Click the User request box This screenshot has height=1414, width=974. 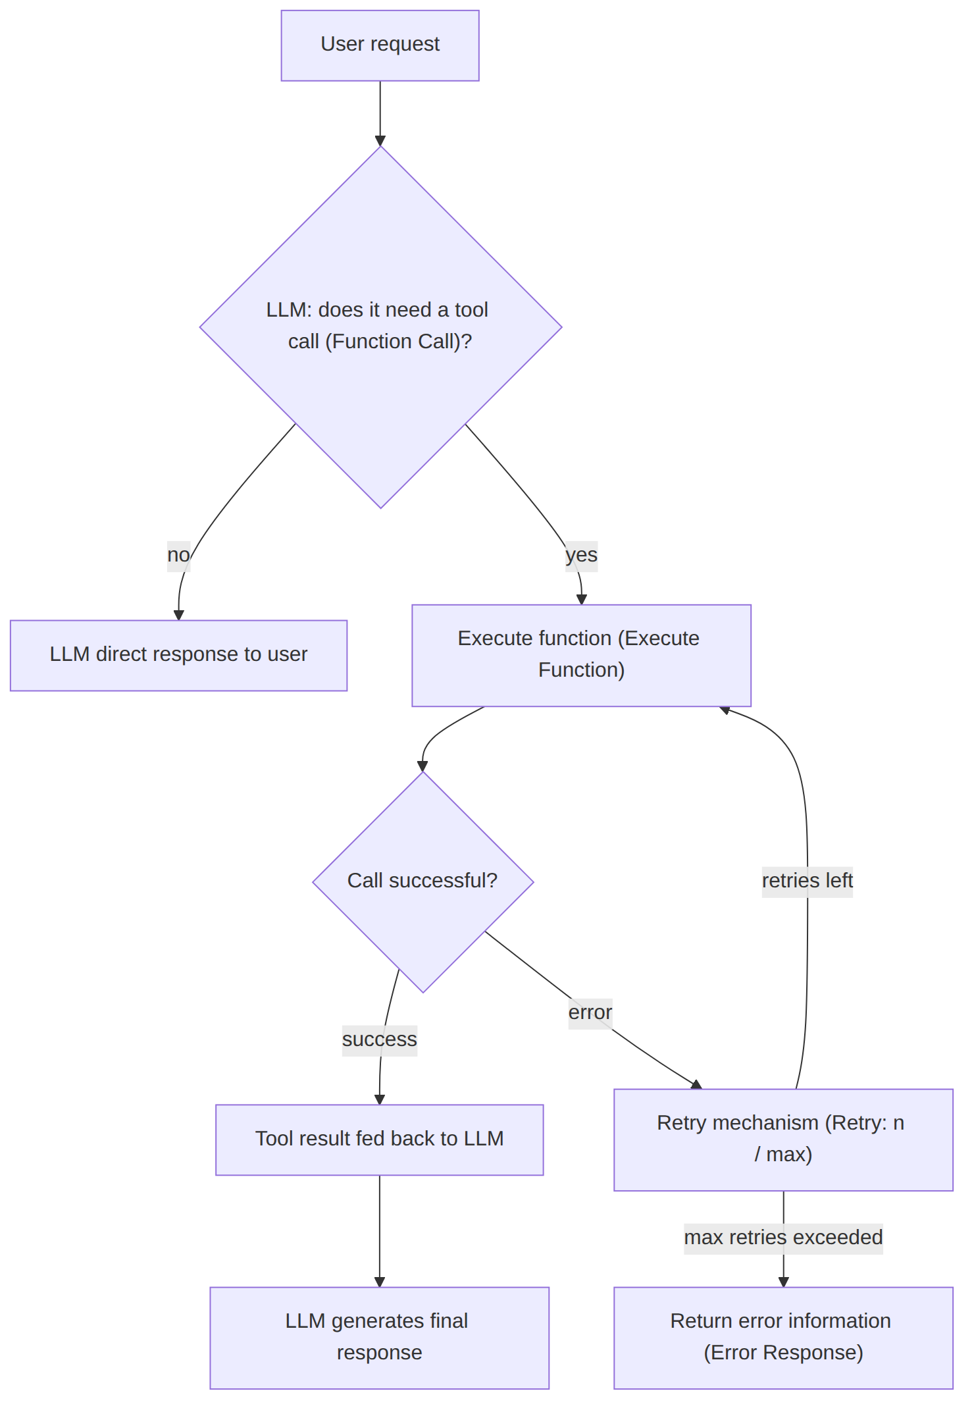380,45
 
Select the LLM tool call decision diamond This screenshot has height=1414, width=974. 380,327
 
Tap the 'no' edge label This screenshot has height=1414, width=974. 178,555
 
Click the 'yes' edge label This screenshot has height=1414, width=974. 581,555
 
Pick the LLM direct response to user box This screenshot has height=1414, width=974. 178,655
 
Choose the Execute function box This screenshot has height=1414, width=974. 581,655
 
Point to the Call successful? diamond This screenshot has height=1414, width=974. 423,881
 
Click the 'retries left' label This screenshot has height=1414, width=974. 807,881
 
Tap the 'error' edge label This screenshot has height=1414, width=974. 590,1012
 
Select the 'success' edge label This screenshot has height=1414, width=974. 379,1039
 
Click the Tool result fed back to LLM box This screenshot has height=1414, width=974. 379,1139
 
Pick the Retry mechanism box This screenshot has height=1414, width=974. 783,1139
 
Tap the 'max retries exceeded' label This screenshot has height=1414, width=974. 783,1238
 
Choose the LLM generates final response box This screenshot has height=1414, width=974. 379,1338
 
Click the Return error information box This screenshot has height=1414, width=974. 783,1338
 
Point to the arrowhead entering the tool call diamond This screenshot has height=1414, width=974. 380,141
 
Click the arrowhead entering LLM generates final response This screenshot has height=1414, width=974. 379,1282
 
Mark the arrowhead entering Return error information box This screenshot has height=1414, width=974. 783,1282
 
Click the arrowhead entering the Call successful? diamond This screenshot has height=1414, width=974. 423,766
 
